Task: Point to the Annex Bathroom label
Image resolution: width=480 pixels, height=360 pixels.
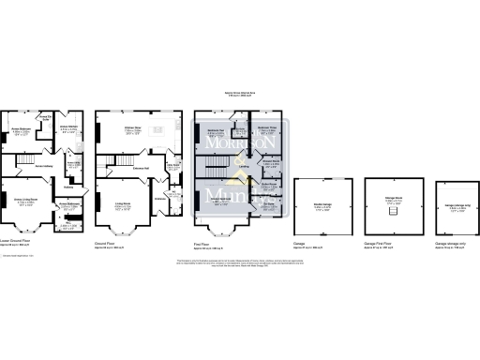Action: point(68,203)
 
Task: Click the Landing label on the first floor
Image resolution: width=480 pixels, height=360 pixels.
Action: point(243,167)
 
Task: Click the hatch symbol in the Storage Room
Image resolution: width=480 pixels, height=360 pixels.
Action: point(392,212)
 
